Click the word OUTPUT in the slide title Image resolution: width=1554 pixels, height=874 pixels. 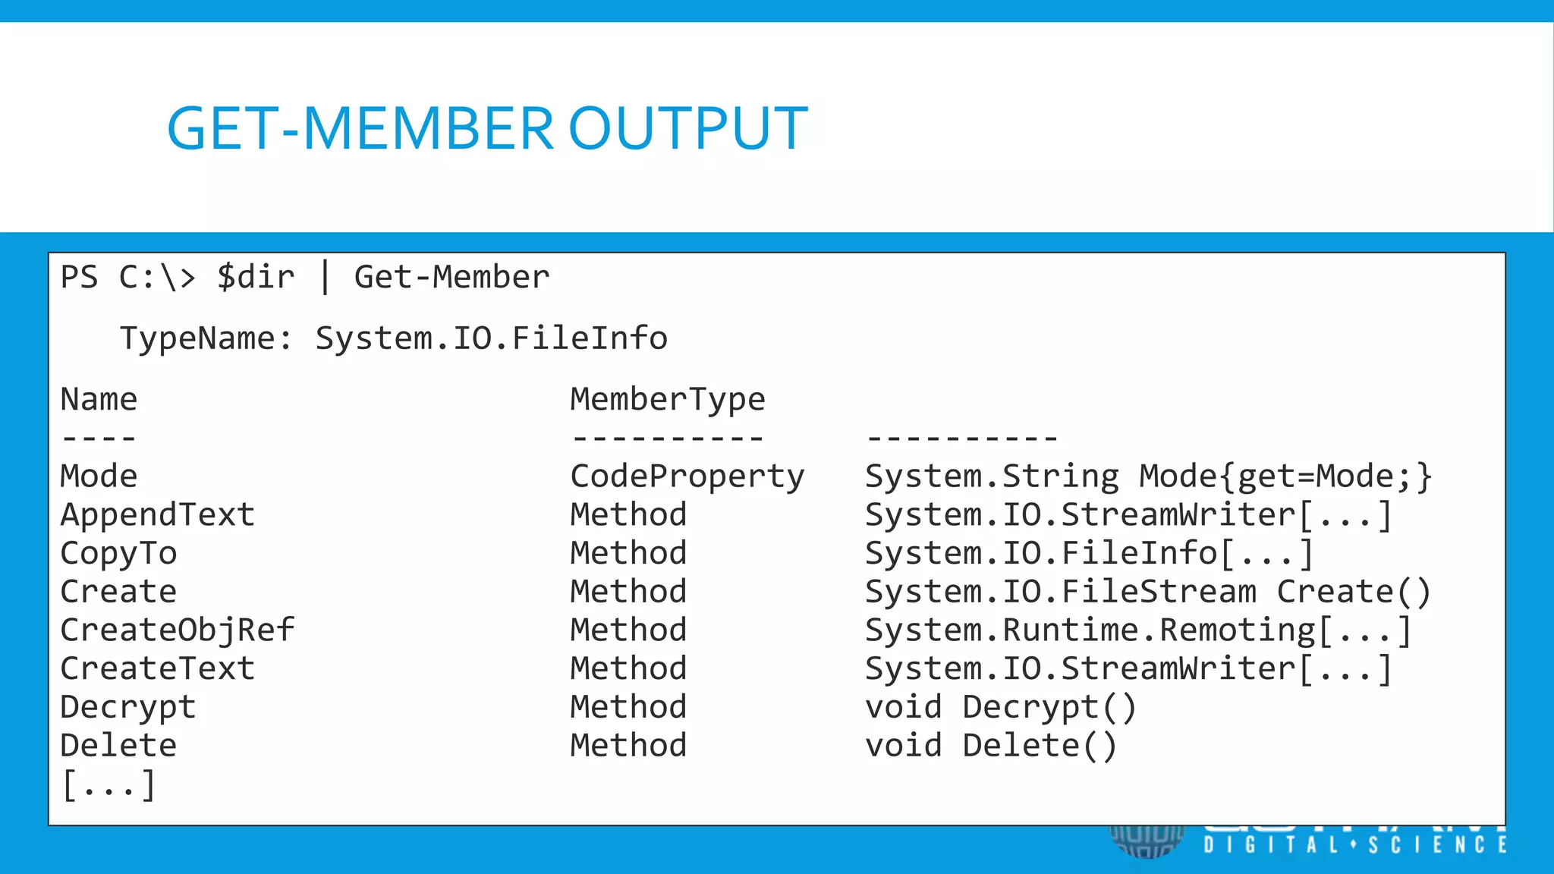pos(687,128)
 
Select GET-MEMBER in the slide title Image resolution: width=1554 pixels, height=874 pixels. pos(360,128)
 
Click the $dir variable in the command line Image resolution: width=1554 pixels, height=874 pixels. pos(256,278)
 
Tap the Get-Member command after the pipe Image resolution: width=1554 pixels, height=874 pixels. pos(451,278)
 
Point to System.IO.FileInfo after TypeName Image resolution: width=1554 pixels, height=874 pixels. pos(491,338)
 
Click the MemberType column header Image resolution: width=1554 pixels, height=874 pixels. pos(668,400)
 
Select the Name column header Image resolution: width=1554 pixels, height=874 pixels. pos(99,400)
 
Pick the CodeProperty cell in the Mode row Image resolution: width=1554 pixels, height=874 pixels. pos(687,476)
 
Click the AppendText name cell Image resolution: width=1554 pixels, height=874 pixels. pos(157,515)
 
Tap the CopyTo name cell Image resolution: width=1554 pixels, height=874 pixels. pos(118,554)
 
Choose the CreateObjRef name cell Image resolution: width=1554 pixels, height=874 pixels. pos(177,630)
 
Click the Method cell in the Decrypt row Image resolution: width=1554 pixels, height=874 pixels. pos(628,707)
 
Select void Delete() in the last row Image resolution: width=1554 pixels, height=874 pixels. pos(990,746)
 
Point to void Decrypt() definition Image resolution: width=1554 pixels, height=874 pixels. pos(1000,707)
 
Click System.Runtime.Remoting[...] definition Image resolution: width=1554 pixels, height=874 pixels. pos(1137,630)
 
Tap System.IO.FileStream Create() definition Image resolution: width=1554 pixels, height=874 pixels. pos(1147,592)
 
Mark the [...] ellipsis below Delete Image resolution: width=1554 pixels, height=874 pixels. pos(108,784)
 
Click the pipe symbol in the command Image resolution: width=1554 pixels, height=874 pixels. pos(325,278)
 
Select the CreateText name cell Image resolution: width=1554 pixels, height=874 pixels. pos(157,669)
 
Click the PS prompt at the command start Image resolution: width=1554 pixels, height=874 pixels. pos(79,278)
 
